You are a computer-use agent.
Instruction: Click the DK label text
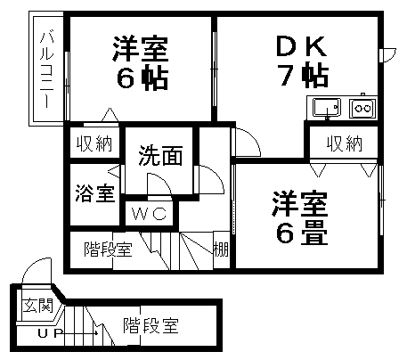(301, 46)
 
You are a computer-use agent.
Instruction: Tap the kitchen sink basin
(327, 108)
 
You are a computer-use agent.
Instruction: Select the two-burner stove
(362, 108)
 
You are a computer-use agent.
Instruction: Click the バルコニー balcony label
(47, 70)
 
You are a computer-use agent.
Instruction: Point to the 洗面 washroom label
(160, 155)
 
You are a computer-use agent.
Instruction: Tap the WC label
(149, 214)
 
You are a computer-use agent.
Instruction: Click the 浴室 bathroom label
(94, 193)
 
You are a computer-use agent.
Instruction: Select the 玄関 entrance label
(38, 306)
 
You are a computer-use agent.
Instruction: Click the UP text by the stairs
(50, 333)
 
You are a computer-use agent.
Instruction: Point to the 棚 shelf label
(221, 250)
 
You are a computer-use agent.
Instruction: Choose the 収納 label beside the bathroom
(94, 143)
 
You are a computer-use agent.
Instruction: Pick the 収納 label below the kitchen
(345, 143)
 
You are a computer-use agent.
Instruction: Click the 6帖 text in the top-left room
(142, 78)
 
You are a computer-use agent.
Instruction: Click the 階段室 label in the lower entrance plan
(151, 325)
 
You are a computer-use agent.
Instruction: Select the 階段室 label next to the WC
(108, 249)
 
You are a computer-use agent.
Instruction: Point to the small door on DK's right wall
(387, 55)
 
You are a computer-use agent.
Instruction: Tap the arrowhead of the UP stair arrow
(96, 333)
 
